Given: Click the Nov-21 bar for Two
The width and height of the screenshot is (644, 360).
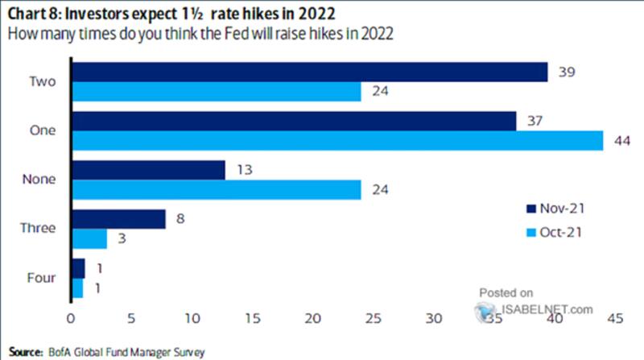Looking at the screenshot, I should point(310,72).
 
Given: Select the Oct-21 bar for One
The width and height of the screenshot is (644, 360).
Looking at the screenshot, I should point(337,140).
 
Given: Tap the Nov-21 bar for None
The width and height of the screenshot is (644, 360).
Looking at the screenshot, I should point(149,170).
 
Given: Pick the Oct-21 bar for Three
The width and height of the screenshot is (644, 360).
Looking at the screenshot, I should point(89,239).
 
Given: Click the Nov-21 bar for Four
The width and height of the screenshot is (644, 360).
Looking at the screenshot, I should point(78,268).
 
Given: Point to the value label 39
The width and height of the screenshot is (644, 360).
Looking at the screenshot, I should point(567,72).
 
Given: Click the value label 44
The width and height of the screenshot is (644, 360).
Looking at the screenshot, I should point(621,140).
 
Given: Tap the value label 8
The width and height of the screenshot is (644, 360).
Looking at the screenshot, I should point(182,219).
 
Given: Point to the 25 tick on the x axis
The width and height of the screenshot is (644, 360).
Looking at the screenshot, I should point(374,320).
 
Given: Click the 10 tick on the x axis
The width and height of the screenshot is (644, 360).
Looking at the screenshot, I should point(192,320).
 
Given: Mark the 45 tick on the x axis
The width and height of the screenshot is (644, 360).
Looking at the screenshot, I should point(615,320).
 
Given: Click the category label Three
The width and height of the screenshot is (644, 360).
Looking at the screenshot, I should point(37,229).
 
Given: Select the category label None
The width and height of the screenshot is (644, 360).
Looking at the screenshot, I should point(38,179).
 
